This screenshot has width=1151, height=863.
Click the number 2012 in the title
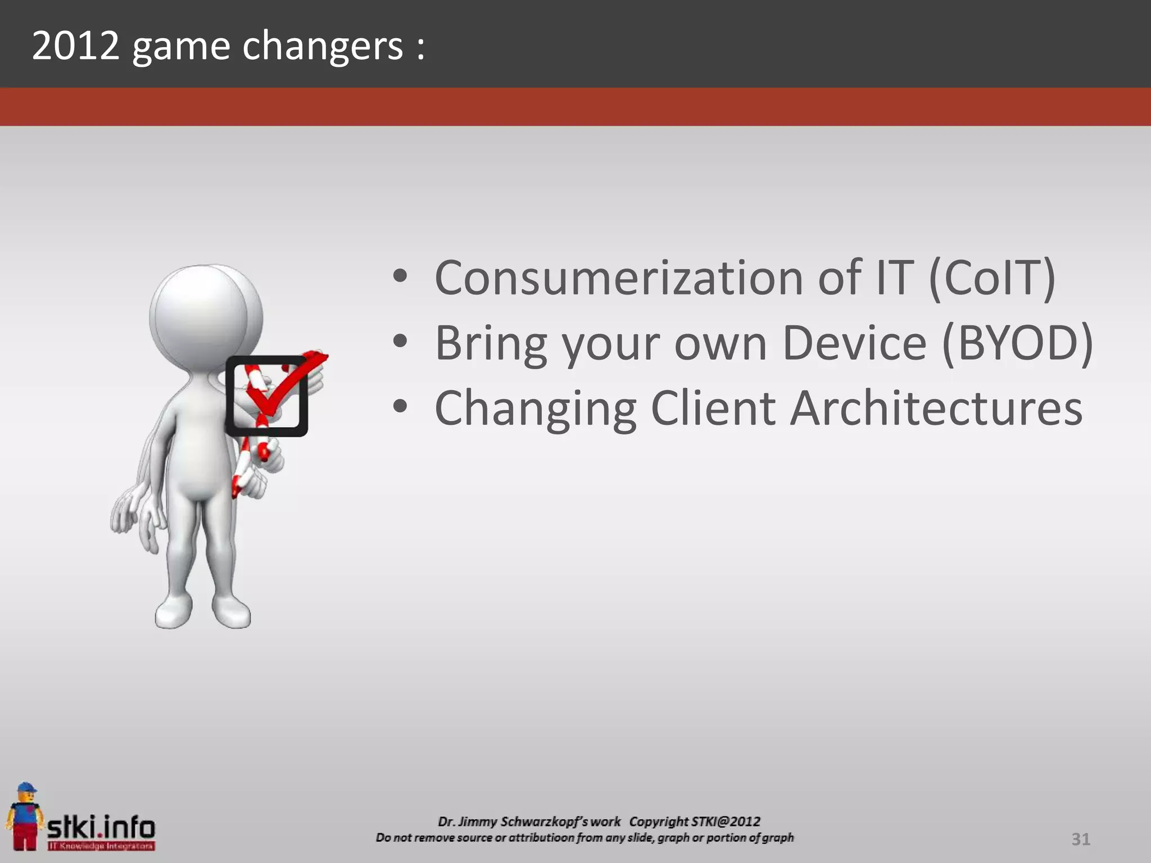75,46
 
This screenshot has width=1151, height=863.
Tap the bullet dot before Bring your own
400,341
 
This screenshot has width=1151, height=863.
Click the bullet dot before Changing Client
400,406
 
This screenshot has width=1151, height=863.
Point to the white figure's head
200,315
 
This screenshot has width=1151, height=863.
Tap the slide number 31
1080,839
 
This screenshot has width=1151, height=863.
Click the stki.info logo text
101,828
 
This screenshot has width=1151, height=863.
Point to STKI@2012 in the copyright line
726,821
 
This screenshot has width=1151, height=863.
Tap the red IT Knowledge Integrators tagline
101,846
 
